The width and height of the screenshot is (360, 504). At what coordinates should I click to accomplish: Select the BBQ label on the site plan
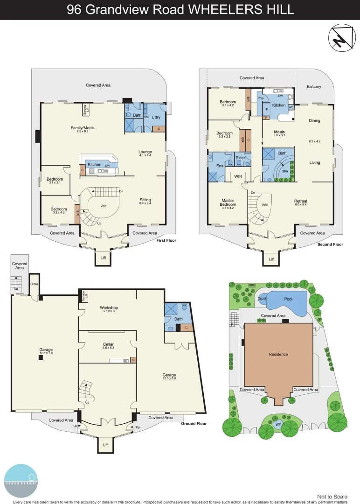(x=252, y=285)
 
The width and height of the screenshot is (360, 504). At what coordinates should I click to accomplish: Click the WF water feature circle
(x=278, y=424)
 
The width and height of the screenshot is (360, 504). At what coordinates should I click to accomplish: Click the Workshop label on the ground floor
(x=109, y=308)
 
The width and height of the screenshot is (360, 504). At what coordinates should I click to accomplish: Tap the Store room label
(x=34, y=284)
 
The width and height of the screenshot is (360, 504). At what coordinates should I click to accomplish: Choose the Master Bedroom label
(x=228, y=203)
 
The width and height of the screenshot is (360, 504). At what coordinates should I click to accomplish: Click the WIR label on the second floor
(x=238, y=176)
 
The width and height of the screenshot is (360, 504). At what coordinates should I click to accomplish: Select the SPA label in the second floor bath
(x=284, y=171)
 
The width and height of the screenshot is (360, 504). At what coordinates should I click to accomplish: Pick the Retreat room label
(x=301, y=201)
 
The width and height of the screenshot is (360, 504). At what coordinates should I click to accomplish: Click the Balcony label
(x=314, y=87)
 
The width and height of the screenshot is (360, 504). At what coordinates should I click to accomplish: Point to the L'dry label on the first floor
(x=156, y=117)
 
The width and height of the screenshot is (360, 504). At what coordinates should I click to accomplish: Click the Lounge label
(x=145, y=152)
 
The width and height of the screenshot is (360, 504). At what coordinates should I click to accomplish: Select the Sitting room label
(x=145, y=199)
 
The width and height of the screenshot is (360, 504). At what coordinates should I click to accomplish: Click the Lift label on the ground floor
(x=106, y=445)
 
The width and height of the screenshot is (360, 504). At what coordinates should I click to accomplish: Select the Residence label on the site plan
(x=278, y=354)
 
